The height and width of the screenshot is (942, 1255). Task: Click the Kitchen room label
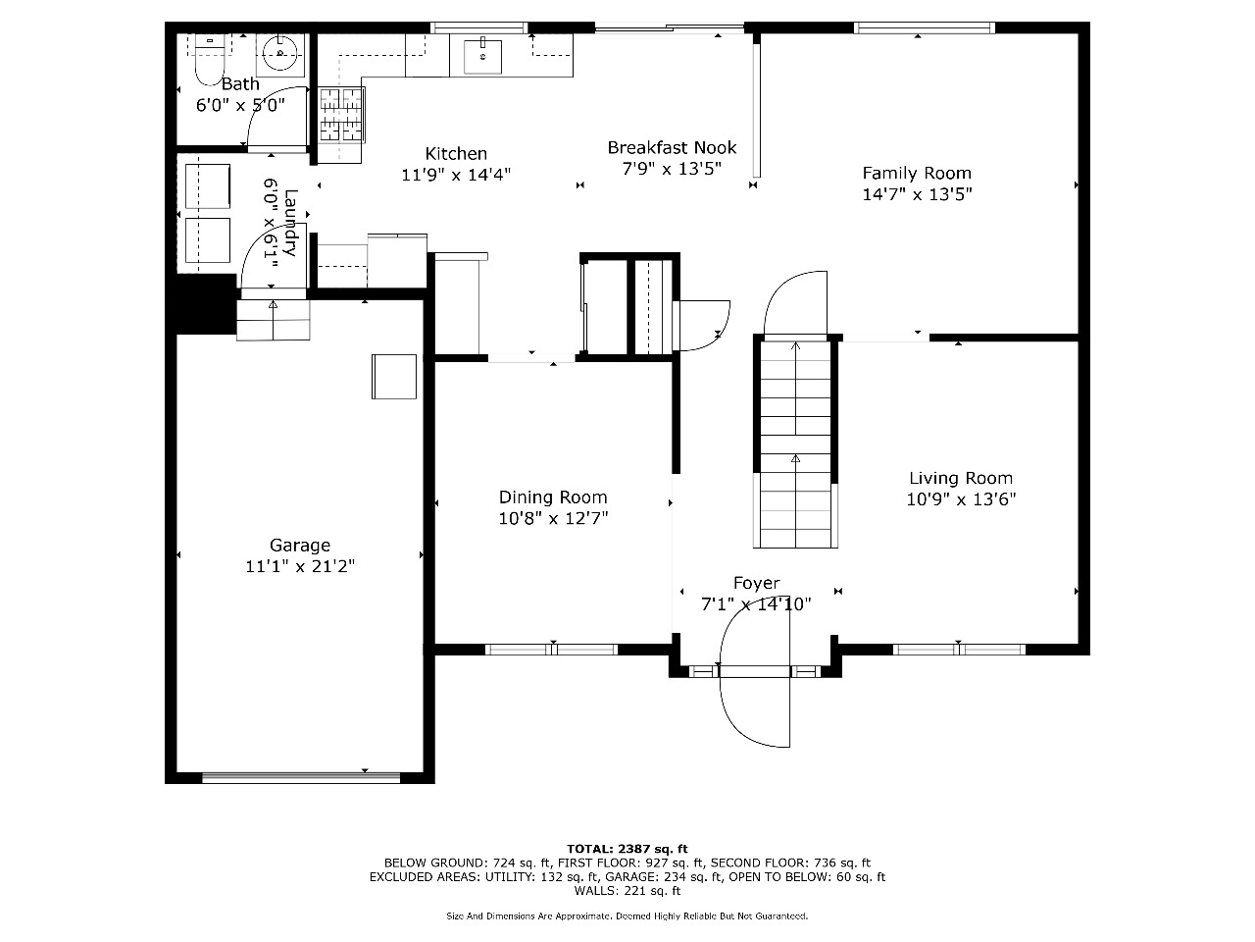point(456,153)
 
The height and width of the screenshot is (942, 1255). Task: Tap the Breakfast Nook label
point(672,147)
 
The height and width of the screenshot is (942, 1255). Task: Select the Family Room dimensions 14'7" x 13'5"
point(917,194)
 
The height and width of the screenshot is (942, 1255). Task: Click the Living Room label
point(961,478)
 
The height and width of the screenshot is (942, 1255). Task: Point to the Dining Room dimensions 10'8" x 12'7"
point(553,518)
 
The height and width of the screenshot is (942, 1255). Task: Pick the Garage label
point(300,545)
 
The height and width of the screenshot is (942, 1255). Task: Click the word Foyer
point(756,584)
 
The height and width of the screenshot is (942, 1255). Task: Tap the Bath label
point(240,84)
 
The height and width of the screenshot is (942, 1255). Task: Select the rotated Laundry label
point(290,223)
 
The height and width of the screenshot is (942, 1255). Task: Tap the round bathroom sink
point(279,54)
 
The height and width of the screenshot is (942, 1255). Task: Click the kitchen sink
point(482,56)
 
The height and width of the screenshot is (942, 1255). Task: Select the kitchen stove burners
point(341,115)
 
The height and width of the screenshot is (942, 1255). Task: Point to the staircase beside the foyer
point(795,444)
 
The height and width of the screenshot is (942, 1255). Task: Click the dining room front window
point(551,650)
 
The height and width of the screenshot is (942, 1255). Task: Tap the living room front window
point(959,650)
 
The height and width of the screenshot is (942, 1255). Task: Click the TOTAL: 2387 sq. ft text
point(627,849)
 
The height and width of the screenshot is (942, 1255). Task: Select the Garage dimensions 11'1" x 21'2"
point(300,566)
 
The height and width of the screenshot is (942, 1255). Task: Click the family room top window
point(924,27)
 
